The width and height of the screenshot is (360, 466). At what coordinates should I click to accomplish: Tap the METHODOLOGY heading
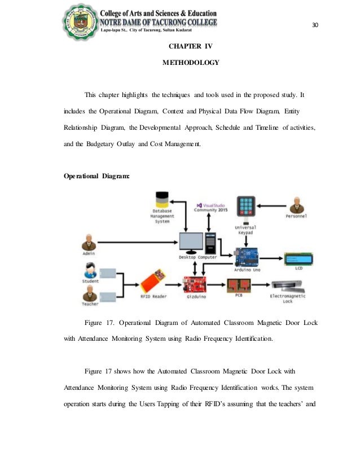pyautogui.click(x=190, y=63)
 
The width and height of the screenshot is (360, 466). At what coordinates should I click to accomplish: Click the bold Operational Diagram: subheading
pyautogui.click(x=96, y=176)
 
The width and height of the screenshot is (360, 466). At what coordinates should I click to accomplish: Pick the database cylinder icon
pyautogui.click(x=162, y=201)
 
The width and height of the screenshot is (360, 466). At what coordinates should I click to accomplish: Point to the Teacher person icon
pyautogui.click(x=89, y=293)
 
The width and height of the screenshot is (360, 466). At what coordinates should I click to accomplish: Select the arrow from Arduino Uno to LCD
pyautogui.click(x=273, y=259)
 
